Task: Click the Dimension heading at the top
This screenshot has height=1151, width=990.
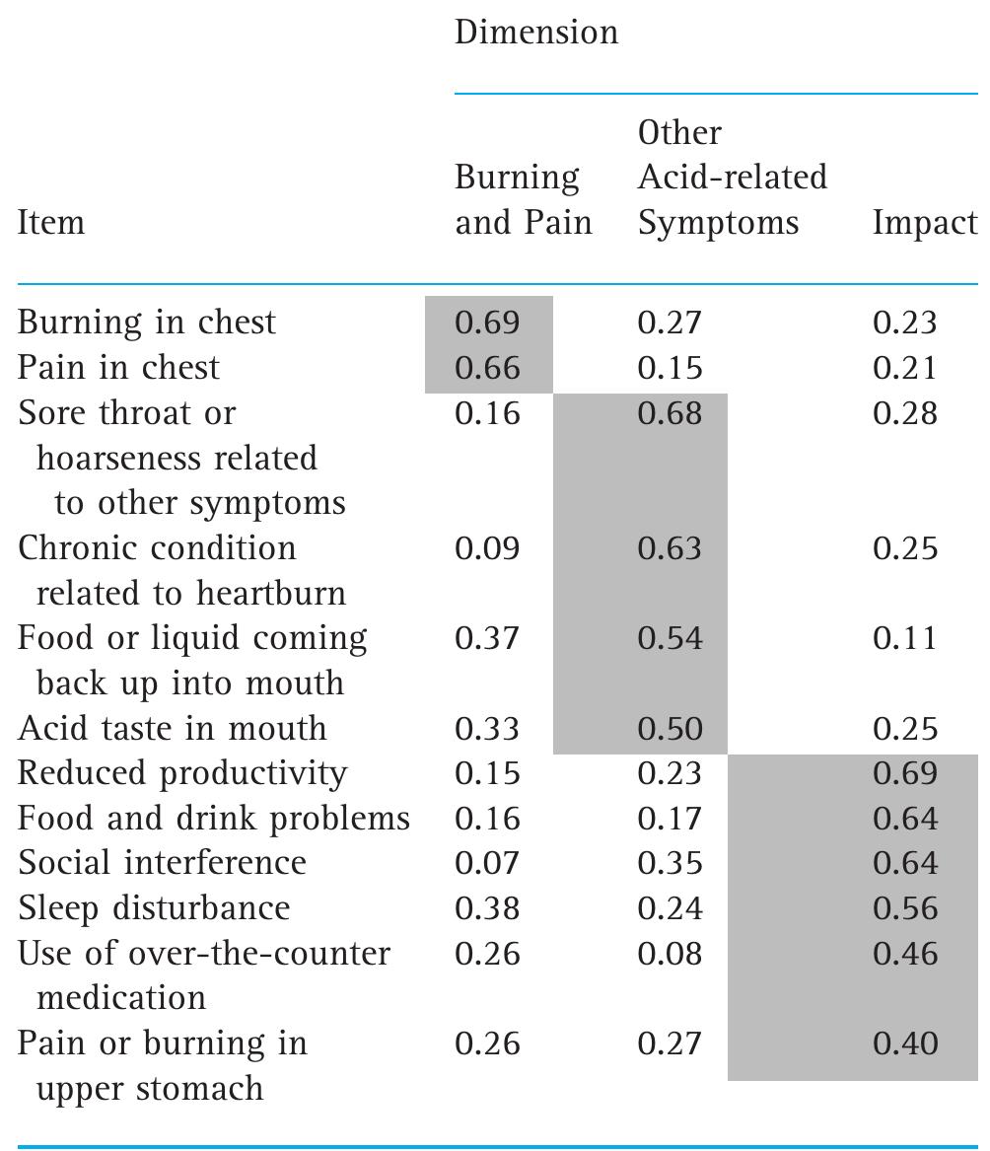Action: point(535,33)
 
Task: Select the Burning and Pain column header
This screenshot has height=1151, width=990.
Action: point(523,200)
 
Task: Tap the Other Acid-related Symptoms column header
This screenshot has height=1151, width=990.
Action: point(732,178)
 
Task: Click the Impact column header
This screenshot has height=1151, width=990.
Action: point(923,223)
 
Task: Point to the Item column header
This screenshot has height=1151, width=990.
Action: point(51,223)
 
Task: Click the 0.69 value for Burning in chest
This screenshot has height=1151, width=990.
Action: point(487,323)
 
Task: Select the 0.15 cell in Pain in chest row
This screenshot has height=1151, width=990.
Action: point(670,368)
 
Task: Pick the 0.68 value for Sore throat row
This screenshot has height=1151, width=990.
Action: point(670,413)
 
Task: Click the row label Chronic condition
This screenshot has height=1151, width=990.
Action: point(157,548)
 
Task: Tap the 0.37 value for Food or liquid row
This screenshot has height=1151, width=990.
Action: point(487,639)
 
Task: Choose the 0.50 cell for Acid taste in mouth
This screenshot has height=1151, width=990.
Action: point(670,729)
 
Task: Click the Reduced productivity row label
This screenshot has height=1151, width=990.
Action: point(182,773)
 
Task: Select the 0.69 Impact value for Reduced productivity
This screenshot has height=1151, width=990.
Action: point(905,773)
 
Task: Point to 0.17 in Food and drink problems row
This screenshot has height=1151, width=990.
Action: point(670,819)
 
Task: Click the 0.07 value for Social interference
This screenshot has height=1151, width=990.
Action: point(487,863)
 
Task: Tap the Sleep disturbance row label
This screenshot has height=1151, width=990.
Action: point(154,908)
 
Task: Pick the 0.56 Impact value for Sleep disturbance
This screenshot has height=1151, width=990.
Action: point(905,908)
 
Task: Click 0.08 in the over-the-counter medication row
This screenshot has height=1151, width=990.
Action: point(670,954)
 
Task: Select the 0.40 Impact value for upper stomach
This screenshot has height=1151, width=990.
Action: point(905,1043)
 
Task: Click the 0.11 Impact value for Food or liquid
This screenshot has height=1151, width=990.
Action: point(905,639)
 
